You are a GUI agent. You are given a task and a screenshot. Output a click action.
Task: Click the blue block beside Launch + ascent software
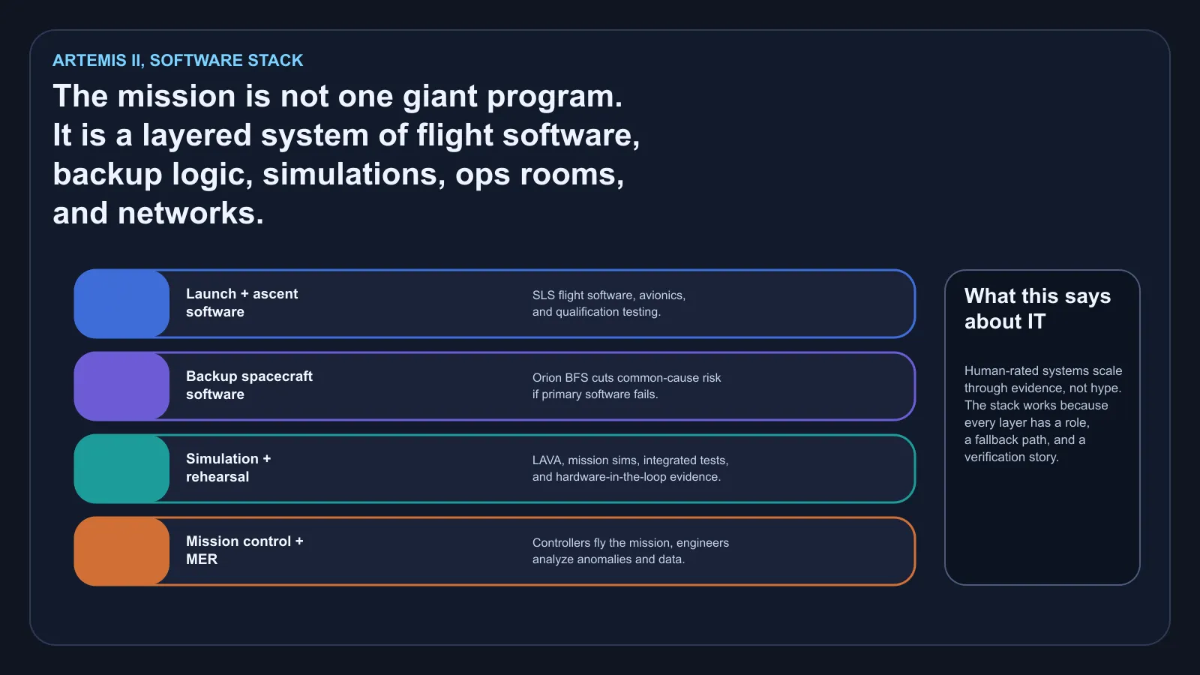tap(121, 304)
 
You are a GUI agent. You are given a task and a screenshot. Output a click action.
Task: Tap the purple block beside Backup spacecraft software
tap(121, 386)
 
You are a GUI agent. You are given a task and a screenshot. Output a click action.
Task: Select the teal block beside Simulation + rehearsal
tap(121, 469)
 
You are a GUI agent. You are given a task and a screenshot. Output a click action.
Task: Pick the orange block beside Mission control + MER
tap(121, 551)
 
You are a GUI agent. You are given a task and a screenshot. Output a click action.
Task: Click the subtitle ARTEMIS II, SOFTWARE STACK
tap(178, 61)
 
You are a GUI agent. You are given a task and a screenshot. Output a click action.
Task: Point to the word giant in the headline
tap(440, 97)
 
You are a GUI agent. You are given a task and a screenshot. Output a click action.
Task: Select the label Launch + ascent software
tap(241, 303)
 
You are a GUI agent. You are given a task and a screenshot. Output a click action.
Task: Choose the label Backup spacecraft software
tap(249, 385)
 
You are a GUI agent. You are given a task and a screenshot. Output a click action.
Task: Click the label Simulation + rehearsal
tap(228, 468)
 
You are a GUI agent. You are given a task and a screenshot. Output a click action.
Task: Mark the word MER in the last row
tap(202, 559)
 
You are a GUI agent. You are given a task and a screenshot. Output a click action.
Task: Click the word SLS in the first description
tap(544, 295)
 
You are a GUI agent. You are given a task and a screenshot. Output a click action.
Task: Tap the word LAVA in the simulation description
tap(547, 460)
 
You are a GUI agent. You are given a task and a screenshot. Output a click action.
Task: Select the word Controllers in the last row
tap(561, 543)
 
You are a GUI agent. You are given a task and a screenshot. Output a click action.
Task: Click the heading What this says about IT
tap(1037, 308)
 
